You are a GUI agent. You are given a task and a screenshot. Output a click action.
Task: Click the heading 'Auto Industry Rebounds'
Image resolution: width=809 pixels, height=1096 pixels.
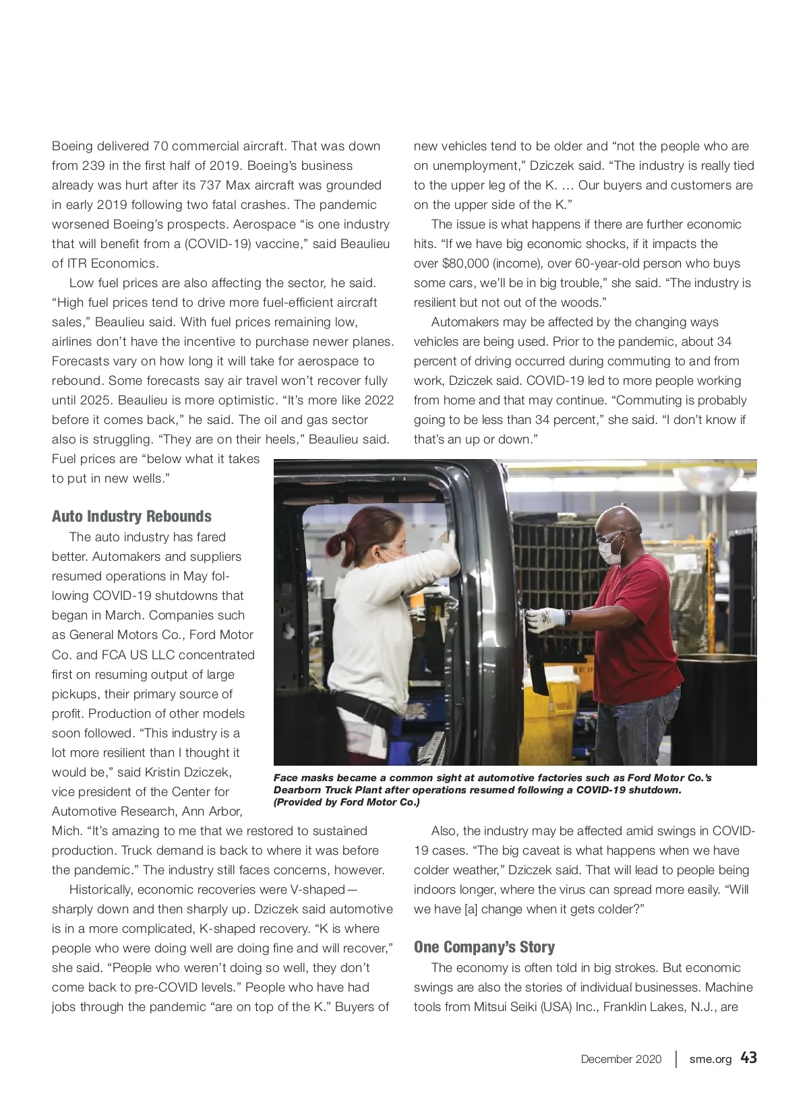click(131, 516)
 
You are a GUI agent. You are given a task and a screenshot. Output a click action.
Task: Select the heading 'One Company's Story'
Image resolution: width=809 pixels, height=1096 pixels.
click(484, 947)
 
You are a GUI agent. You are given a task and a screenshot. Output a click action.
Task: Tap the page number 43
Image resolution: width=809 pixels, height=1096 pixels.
click(748, 1058)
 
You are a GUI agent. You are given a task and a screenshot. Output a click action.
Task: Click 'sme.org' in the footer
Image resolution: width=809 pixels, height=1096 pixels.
click(710, 1059)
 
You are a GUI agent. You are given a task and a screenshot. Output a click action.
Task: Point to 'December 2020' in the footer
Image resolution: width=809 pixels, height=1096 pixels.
click(621, 1059)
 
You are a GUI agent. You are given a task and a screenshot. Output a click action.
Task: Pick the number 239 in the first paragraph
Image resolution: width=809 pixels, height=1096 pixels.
click(94, 166)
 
